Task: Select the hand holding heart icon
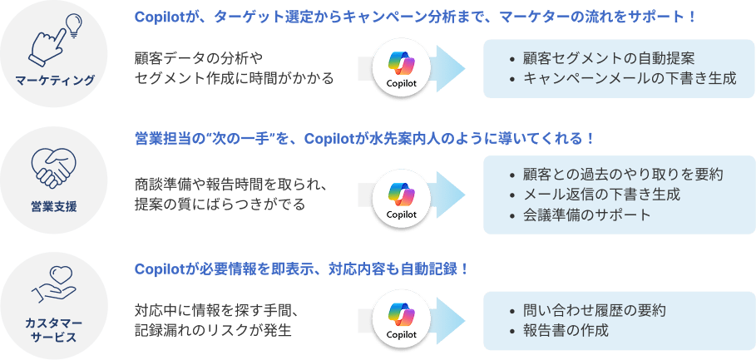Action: point(54,284)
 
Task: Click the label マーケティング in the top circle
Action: point(55,81)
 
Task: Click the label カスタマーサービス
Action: point(54,328)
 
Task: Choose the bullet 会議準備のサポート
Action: point(587,215)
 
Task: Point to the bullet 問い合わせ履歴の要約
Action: point(594,310)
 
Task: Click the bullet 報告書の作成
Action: point(566,330)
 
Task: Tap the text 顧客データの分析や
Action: point(198,58)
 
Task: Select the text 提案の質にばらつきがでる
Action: point(220,204)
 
